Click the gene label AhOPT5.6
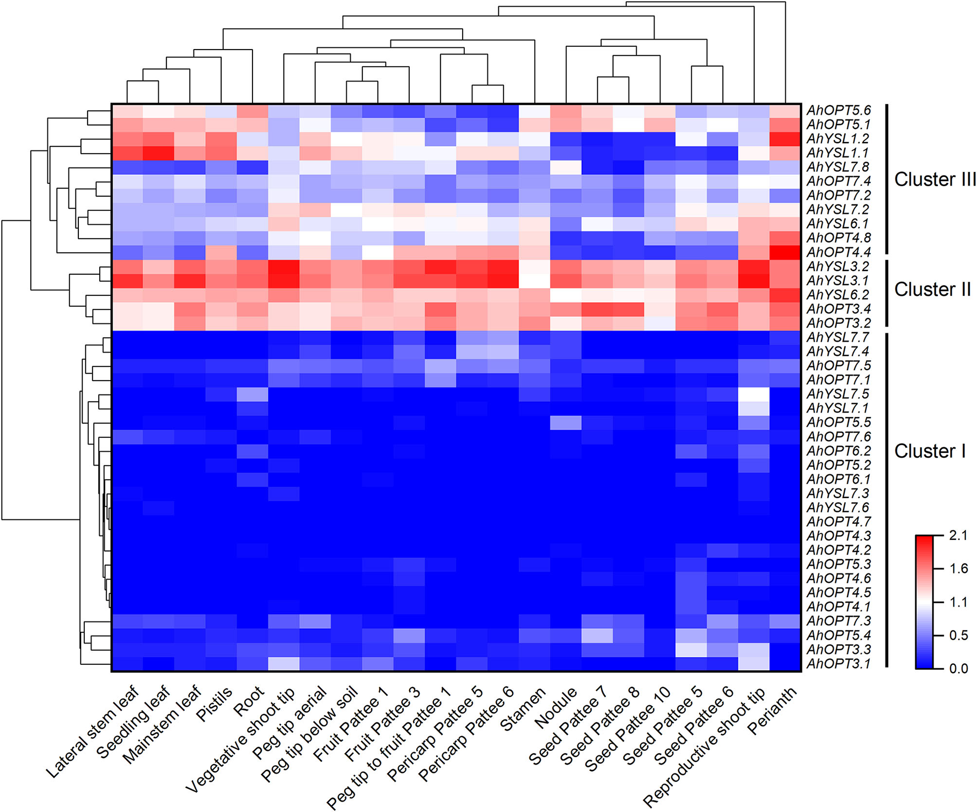click(838, 111)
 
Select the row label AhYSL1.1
click(838, 153)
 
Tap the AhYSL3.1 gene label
click(838, 281)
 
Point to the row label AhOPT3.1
click(838, 664)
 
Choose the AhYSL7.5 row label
click(838, 394)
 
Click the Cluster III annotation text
click(935, 180)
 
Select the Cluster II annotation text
click(932, 289)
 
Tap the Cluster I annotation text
click(930, 451)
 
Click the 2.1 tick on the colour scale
click(958, 535)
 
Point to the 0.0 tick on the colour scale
click(958, 669)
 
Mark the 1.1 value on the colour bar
click(958, 602)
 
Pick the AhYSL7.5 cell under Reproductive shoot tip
click(754, 394)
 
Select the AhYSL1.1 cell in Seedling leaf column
click(159, 153)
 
